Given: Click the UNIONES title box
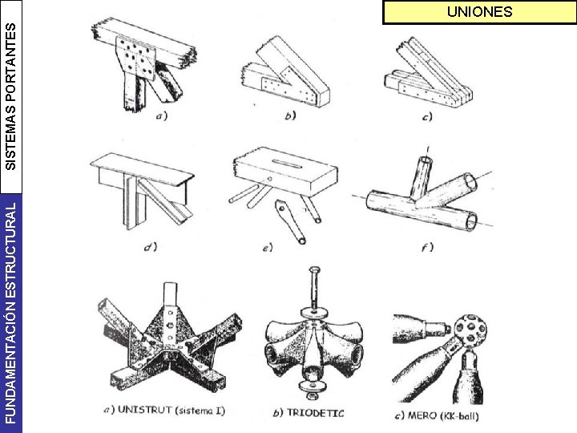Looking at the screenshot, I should point(479,13).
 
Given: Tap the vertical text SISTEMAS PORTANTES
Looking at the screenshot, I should point(10,95).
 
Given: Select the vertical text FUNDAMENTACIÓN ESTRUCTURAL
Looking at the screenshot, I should point(10,311).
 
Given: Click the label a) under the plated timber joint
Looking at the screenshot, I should point(161,117).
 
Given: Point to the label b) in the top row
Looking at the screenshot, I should point(289,117).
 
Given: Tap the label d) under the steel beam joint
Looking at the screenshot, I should point(148,246).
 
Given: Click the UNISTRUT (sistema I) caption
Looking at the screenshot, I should point(167,411).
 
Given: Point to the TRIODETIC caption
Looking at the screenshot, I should point(308,414).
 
